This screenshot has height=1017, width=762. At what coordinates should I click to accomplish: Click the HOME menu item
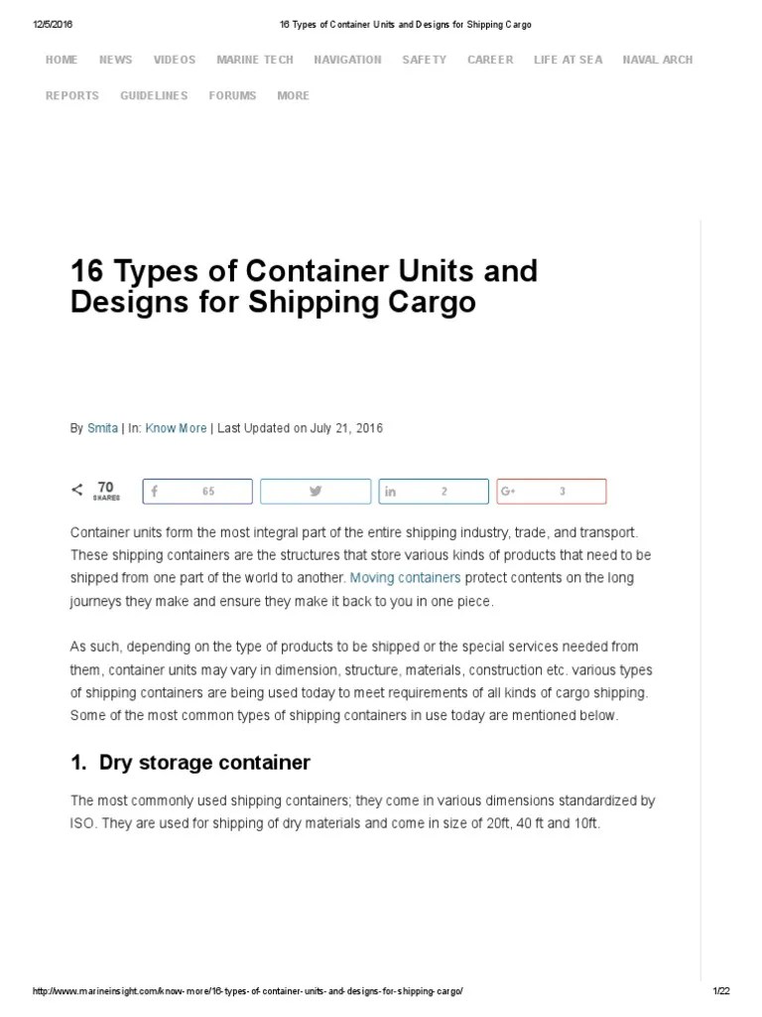click(62, 60)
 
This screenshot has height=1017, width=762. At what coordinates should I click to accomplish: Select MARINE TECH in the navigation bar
click(255, 60)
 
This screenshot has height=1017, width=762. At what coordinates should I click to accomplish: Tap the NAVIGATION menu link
click(347, 60)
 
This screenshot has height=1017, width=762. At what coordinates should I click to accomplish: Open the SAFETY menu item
click(425, 60)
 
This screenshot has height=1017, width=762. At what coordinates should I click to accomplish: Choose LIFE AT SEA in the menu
click(568, 60)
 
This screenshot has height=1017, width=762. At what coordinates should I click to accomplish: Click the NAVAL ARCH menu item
click(658, 60)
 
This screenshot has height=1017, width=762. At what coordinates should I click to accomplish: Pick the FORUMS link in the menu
click(232, 95)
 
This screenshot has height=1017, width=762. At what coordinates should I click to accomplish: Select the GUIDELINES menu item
click(154, 95)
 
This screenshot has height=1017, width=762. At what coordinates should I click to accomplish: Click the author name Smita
click(102, 428)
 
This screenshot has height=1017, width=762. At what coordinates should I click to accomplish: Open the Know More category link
click(176, 428)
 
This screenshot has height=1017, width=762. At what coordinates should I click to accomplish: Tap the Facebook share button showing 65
click(197, 492)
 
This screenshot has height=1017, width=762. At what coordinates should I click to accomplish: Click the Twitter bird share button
click(316, 492)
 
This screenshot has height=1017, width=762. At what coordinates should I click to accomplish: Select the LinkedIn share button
click(434, 492)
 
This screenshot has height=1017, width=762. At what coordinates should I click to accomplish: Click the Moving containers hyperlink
click(405, 577)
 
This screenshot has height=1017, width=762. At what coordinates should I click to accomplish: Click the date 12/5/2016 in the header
click(53, 25)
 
